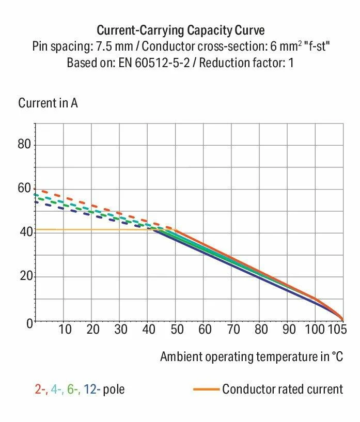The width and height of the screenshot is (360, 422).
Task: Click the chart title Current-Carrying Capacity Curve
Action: pyautogui.click(x=181, y=29)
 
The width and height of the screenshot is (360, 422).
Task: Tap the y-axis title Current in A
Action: pyautogui.click(x=48, y=103)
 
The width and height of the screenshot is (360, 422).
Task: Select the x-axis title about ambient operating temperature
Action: pyautogui.click(x=252, y=356)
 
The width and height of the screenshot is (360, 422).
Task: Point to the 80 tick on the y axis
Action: pyautogui.click(x=25, y=144)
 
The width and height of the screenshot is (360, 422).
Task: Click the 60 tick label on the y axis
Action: pyautogui.click(x=25, y=189)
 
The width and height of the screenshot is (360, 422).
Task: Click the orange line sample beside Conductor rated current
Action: pyautogui.click(x=206, y=389)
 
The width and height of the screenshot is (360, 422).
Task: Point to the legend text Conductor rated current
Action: pyautogui.click(x=283, y=389)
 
